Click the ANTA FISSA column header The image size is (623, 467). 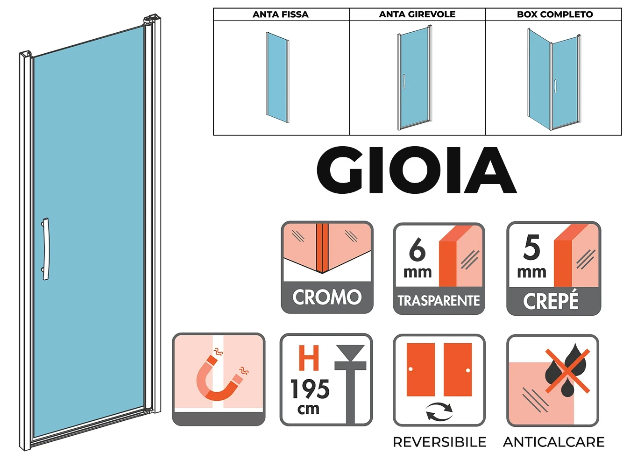coord(281,14)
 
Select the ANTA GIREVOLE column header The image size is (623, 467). coord(417,14)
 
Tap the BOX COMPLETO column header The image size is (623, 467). coord(555,14)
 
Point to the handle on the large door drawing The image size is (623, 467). coord(45,249)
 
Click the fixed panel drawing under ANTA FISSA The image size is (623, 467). coord(277,77)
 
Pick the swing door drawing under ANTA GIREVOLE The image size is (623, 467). coord(414,78)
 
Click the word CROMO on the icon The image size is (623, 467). coord(327,297)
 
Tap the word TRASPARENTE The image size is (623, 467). coord(439,301)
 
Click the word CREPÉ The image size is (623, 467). coord(551,301)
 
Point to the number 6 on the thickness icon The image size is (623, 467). coord(418,250)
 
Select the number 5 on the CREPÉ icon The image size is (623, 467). coord(531,248)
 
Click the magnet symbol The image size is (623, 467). coord(219,378)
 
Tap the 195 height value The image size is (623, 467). coord(310,389)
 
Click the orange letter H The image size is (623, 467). coord(309,358)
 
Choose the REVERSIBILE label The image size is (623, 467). coord(439,442)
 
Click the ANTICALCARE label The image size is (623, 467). coord(554,442)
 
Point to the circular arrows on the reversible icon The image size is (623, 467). coord(439,412)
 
